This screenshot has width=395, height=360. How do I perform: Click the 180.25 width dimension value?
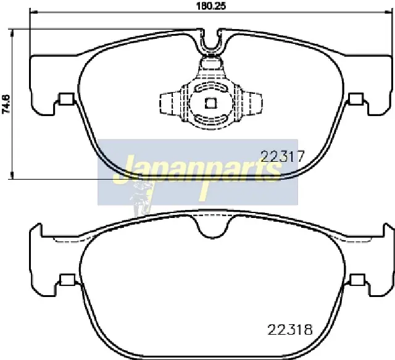(x=211, y=6)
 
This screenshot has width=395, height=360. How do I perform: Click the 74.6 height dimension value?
(x=6, y=104)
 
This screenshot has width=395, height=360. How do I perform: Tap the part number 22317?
(x=283, y=156)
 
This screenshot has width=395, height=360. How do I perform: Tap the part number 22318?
(x=290, y=329)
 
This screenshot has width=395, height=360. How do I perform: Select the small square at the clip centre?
(x=210, y=103)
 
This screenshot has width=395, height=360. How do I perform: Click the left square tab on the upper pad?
(x=67, y=99)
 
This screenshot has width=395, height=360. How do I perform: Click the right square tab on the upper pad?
(x=356, y=98)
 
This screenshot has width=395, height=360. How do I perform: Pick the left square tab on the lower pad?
(x=67, y=279)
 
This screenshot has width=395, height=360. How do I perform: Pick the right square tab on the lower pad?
(x=358, y=279)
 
